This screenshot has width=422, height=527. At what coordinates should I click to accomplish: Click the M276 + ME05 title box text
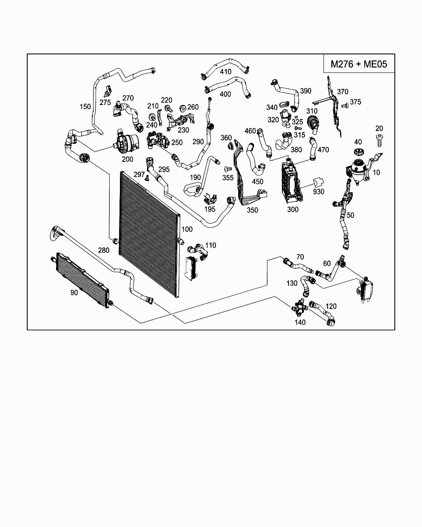[359, 64]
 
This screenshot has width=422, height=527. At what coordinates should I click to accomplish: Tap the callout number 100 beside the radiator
[187, 229]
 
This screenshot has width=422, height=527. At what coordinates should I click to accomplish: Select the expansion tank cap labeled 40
[359, 151]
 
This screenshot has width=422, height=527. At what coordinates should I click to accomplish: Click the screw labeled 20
[379, 140]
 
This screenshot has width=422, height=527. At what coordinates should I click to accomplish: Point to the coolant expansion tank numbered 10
[358, 170]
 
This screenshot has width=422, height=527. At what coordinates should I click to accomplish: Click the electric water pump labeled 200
[126, 143]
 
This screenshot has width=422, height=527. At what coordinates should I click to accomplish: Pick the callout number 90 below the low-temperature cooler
[74, 292]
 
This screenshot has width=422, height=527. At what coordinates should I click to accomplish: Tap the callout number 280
[103, 250]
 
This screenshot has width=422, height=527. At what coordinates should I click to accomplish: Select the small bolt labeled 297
[148, 178]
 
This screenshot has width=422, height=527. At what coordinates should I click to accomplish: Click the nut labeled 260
[183, 108]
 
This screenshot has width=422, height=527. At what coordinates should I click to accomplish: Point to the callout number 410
[225, 72]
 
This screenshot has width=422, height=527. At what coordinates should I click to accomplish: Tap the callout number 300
[293, 210]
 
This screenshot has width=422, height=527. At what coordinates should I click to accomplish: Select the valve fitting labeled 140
[298, 308]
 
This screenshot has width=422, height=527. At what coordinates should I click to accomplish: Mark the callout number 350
[252, 210]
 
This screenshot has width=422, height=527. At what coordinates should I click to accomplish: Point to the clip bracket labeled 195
[210, 198]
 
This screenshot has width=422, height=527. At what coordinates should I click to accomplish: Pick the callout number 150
[85, 107]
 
